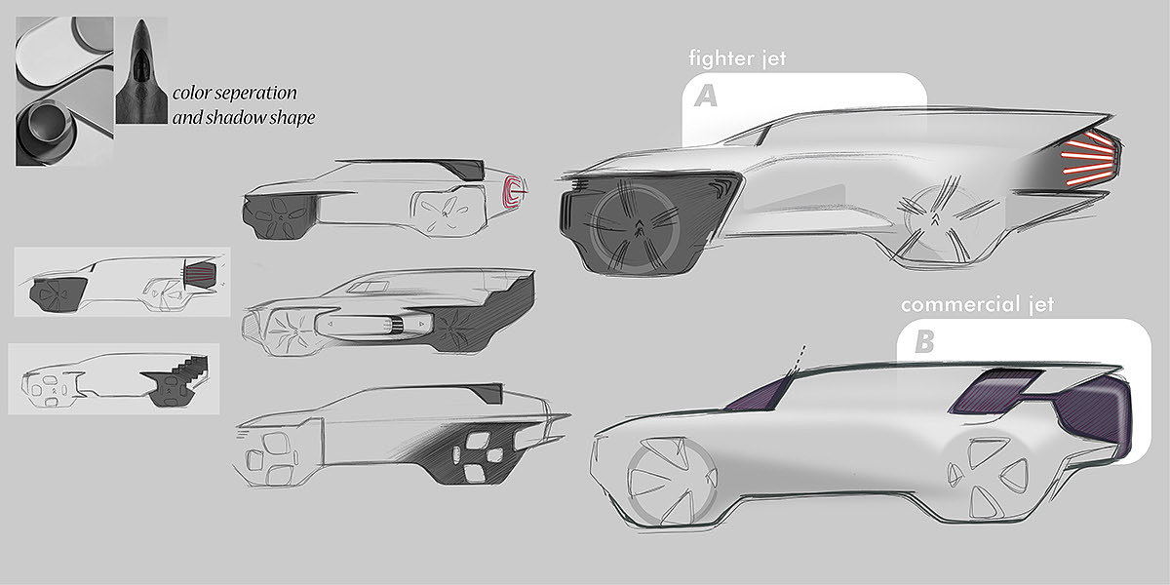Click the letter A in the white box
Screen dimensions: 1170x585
[x=707, y=96]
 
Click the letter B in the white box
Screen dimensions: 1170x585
[x=922, y=342]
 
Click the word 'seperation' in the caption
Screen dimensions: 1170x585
[x=256, y=94]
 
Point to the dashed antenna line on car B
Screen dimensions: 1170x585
[x=801, y=354]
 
